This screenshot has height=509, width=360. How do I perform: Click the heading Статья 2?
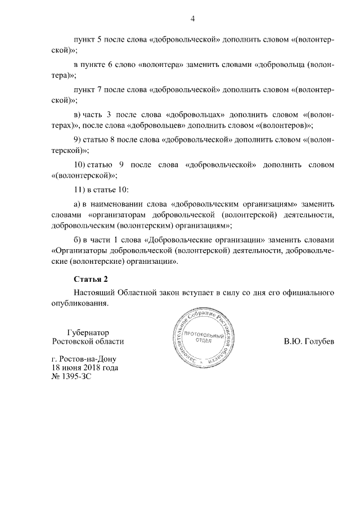[x=91, y=279]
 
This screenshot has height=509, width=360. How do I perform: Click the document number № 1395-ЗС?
[x=71, y=377]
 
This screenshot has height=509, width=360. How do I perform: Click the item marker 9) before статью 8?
[x=79, y=140]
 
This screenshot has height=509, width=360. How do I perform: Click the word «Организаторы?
[x=82, y=250]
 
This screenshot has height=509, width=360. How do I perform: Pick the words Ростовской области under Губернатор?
[x=87, y=341]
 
